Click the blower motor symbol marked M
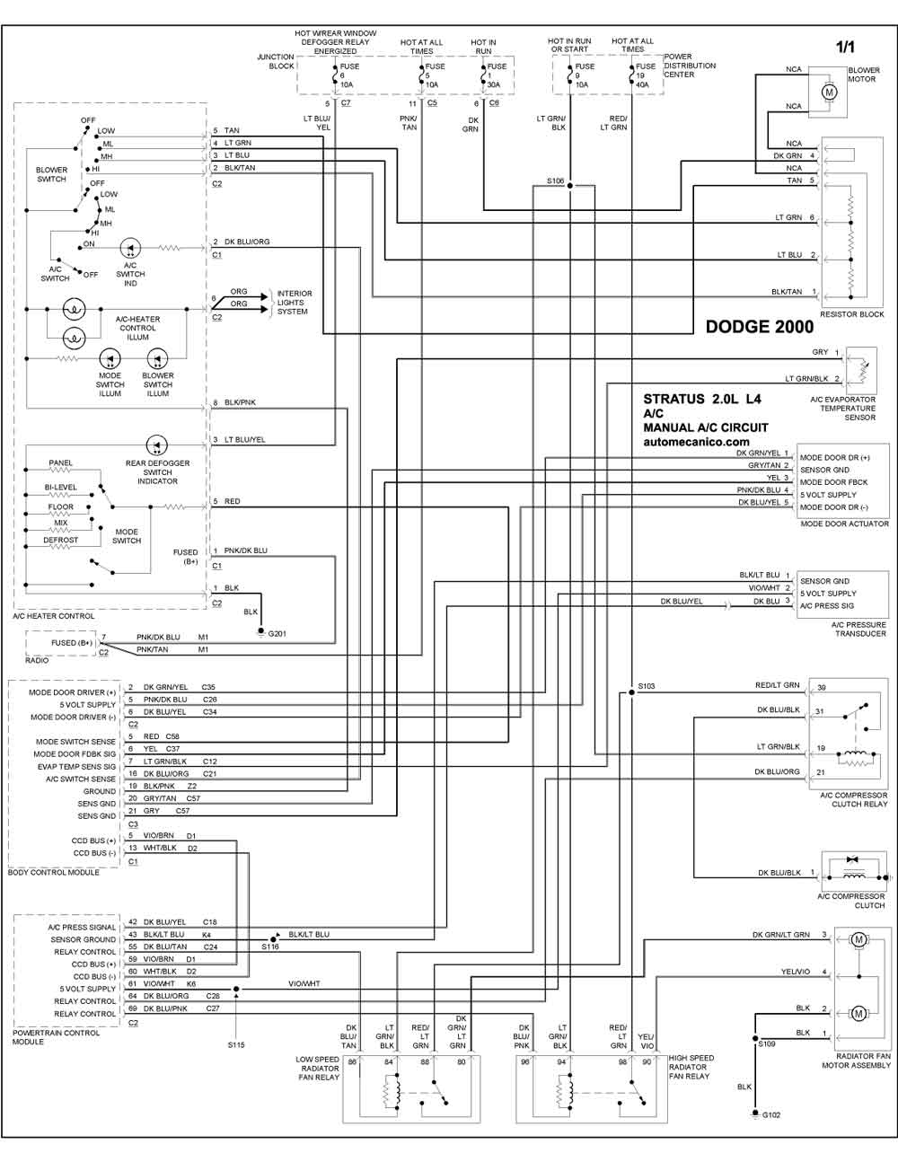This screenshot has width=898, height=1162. pyautogui.click(x=829, y=92)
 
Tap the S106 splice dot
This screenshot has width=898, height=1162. pyautogui.click(x=570, y=186)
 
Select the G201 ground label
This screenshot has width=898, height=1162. pyautogui.click(x=277, y=634)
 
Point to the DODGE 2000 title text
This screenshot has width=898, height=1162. pyautogui.click(x=760, y=327)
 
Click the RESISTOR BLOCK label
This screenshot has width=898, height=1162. pyautogui.click(x=852, y=314)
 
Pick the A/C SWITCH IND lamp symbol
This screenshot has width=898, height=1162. pyautogui.click(x=130, y=248)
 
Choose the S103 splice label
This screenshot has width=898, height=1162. pyautogui.click(x=647, y=686)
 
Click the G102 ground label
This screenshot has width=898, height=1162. pyautogui.click(x=771, y=1115)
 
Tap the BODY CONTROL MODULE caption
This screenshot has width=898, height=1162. pyautogui.click(x=54, y=872)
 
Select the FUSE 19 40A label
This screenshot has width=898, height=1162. pyautogui.click(x=646, y=75)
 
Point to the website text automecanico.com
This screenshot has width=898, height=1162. pyautogui.click(x=697, y=442)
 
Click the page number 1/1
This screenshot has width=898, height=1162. pyautogui.click(x=845, y=47)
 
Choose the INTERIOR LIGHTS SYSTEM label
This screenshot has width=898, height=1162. pyautogui.click(x=295, y=303)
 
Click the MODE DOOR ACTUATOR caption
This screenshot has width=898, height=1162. pyautogui.click(x=844, y=524)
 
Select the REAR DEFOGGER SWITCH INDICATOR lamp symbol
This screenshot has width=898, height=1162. pyautogui.click(x=156, y=445)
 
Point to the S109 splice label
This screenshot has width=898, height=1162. pyautogui.click(x=768, y=1043)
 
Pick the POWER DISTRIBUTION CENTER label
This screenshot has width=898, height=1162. pyautogui.click(x=690, y=66)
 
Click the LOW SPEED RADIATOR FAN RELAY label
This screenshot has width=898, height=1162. pyautogui.click(x=318, y=1068)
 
